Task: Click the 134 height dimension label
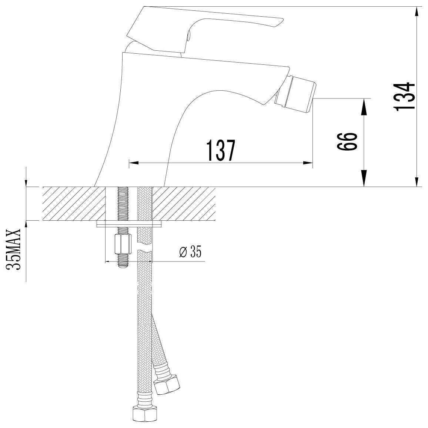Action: coord(405,96)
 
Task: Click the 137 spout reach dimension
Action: coord(221,150)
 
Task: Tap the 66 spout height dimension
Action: coord(347,141)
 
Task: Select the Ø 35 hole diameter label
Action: coord(190,252)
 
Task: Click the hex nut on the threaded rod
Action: coord(123,244)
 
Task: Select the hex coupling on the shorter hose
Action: coord(167,384)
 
